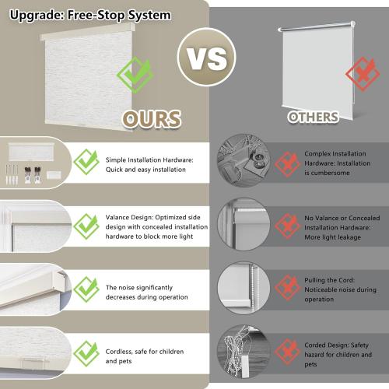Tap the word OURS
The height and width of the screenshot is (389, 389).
pos(152,118)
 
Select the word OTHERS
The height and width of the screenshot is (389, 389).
pos(314,117)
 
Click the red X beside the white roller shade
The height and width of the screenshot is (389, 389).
pos(359,75)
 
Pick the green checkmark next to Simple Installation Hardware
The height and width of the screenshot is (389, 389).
pos(85,163)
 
